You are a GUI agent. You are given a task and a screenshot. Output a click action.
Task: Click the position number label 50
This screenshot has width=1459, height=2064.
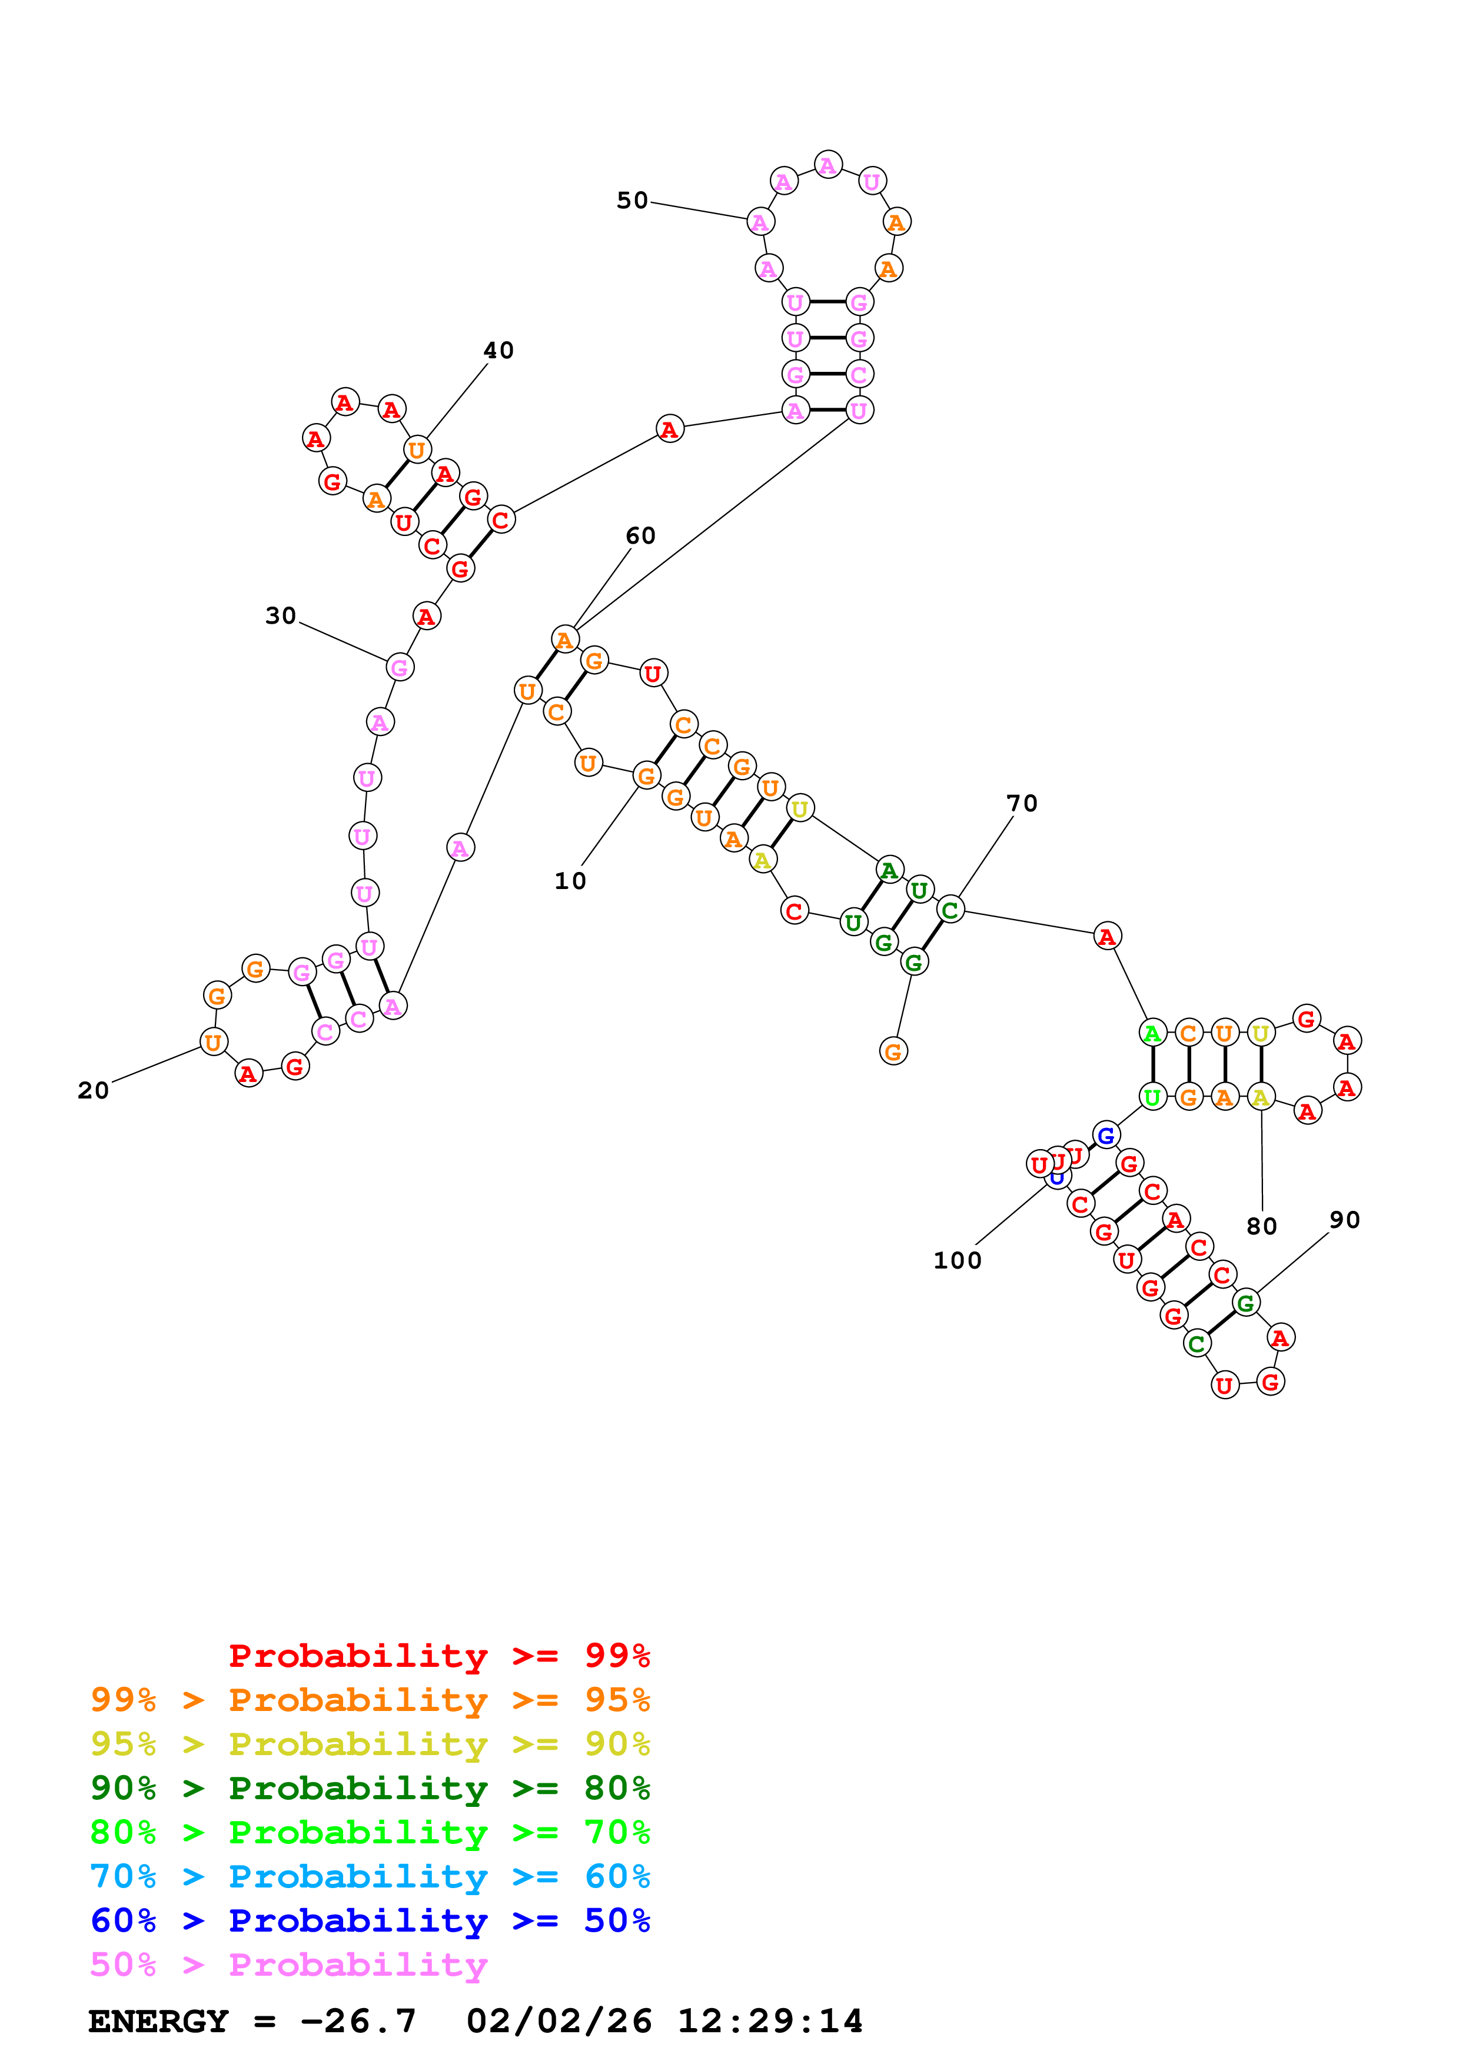pyautogui.click(x=632, y=201)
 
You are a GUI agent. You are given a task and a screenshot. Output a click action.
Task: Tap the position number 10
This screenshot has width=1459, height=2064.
pyautogui.click(x=570, y=881)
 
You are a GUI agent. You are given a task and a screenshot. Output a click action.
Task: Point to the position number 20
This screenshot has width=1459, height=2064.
pyautogui.click(x=94, y=1090)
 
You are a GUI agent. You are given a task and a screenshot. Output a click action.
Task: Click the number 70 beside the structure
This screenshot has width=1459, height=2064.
pyautogui.click(x=1021, y=804)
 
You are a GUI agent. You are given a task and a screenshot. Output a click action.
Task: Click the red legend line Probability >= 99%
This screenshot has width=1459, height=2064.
pyautogui.click(x=438, y=1656)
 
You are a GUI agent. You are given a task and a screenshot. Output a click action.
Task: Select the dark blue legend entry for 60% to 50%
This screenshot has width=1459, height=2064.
pyautogui.click(x=370, y=1921)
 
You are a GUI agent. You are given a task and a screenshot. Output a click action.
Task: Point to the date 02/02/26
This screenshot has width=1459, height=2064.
pyautogui.click(x=559, y=2022)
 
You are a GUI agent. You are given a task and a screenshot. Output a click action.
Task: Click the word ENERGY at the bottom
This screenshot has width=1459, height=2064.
pyautogui.click(x=158, y=2022)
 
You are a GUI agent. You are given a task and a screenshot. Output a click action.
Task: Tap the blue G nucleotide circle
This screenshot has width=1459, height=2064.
pyautogui.click(x=1106, y=1136)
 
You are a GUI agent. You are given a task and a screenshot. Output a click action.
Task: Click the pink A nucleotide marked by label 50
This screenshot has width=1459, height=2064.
pyautogui.click(x=760, y=222)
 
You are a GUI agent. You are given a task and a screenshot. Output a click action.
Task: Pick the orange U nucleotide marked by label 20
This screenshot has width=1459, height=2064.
pyautogui.click(x=213, y=1043)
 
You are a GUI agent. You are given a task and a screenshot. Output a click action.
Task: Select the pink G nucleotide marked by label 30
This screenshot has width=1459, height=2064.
pyautogui.click(x=399, y=668)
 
